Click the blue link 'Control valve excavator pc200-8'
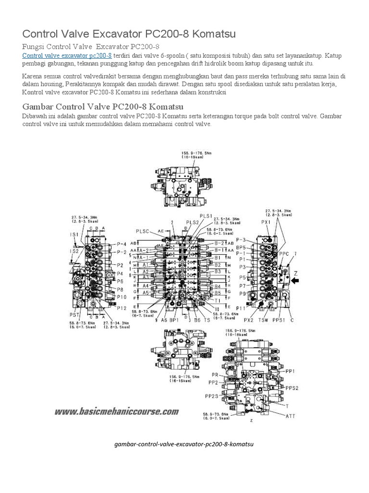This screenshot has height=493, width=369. click(x=67, y=56)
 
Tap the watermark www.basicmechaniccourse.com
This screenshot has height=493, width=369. click(x=117, y=412)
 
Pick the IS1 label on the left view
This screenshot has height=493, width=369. click(x=74, y=234)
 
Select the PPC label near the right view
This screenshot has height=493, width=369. click(x=284, y=254)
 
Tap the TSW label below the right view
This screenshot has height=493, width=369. click(x=263, y=320)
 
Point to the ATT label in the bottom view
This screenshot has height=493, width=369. click(x=290, y=415)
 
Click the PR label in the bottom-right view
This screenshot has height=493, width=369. click(x=215, y=374)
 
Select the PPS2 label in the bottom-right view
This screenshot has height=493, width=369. click(x=292, y=388)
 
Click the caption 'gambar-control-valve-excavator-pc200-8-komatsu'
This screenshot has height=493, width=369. click(x=184, y=444)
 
